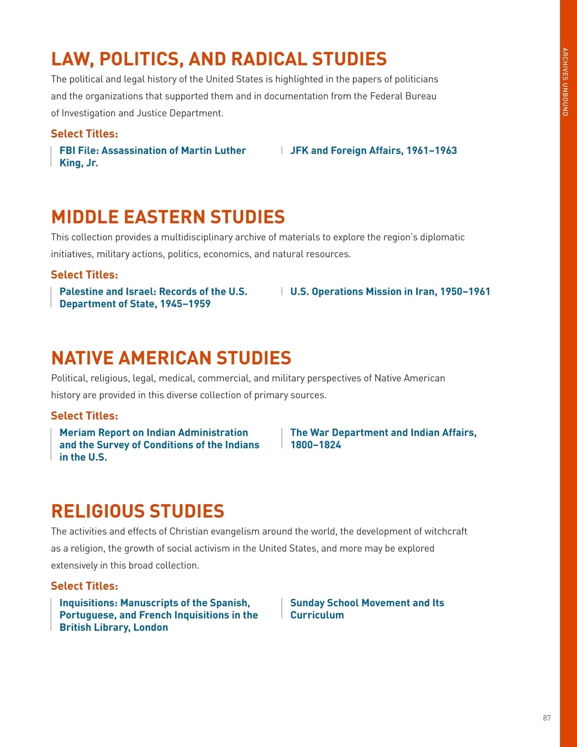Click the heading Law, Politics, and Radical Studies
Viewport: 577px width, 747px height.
(x=219, y=59)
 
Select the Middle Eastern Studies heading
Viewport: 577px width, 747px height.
(x=168, y=217)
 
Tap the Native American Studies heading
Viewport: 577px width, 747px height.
(x=171, y=358)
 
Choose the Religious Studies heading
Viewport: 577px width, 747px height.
(x=138, y=511)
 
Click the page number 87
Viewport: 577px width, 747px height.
(x=547, y=718)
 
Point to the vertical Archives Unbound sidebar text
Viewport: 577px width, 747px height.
(x=565, y=82)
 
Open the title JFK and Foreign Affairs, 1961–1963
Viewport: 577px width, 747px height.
(x=373, y=151)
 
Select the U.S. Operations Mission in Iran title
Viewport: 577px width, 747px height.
(x=390, y=291)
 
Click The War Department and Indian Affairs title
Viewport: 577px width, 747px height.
(x=383, y=433)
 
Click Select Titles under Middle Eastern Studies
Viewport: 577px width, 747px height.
(x=85, y=275)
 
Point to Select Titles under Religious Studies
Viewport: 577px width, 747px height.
(x=85, y=586)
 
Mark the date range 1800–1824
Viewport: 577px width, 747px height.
(x=315, y=445)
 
